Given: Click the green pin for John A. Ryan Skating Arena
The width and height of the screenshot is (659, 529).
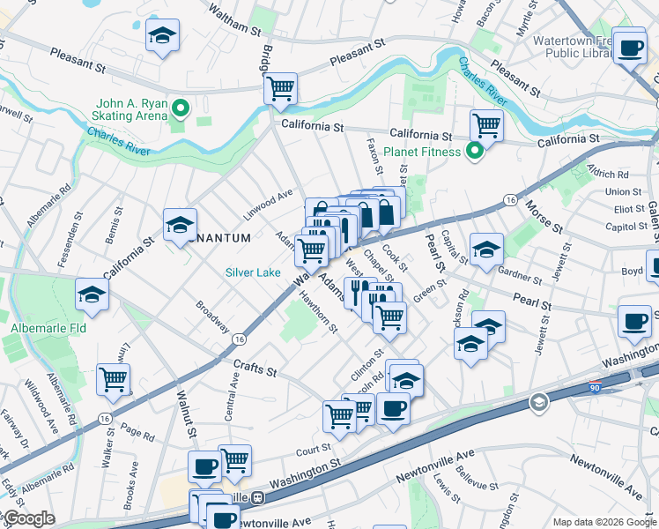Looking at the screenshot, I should tap(181, 109).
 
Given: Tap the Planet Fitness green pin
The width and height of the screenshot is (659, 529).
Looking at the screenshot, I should tap(474, 152).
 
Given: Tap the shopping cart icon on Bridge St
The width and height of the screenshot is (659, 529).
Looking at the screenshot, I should tap(280, 87).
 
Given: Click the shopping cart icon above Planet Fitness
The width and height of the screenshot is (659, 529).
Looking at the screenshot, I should tap(486, 124).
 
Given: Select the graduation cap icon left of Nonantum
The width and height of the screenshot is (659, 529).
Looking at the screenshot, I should tap(180, 224).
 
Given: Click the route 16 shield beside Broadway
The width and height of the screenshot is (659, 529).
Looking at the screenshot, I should tap(239, 339).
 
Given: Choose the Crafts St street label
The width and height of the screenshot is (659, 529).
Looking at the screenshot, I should tap(255, 366).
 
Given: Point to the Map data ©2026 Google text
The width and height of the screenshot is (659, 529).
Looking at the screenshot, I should tap(604, 522).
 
